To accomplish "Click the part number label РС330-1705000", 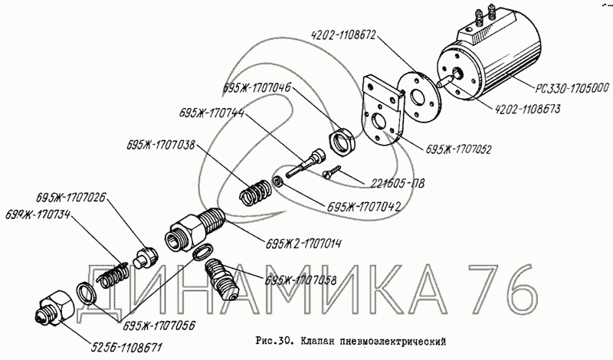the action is [572, 89].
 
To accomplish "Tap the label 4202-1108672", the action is [343, 35].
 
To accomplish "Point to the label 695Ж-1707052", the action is [457, 149].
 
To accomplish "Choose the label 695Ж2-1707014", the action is [303, 244].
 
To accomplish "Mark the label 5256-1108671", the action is [126, 346].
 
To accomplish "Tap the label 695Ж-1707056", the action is [160, 326].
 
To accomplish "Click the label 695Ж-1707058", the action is [300, 280].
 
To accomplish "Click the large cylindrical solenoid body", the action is [490, 67].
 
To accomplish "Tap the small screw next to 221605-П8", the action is [332, 172].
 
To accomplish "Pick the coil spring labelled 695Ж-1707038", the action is [254, 191].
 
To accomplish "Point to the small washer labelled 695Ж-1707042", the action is [277, 182].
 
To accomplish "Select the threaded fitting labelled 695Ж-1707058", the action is [221, 279].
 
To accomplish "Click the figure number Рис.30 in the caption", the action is [273, 341].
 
